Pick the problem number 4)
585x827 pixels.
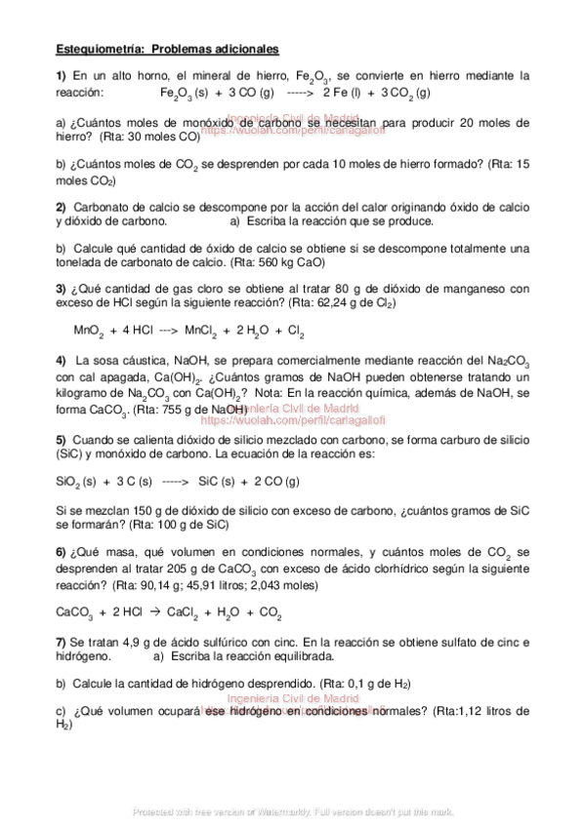tap(61, 361)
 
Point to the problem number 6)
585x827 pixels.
tap(61, 552)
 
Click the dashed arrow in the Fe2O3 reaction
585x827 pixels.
tap(299, 92)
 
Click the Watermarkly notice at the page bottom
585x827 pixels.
tap(292, 811)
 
